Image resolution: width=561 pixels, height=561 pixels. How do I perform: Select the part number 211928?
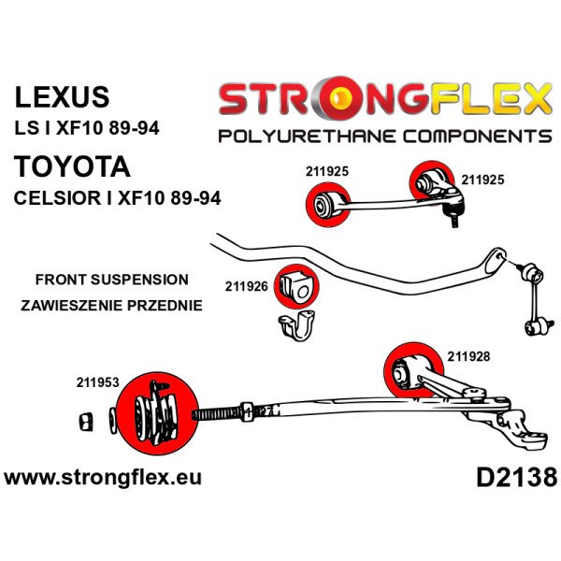click(x=468, y=354)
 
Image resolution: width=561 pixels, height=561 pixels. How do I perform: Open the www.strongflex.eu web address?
click(x=103, y=477)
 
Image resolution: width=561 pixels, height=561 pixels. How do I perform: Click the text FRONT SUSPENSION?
click(x=111, y=280)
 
